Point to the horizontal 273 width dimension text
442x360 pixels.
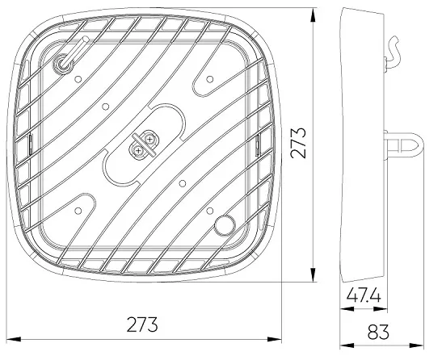[141, 325]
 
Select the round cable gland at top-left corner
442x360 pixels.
[63, 62]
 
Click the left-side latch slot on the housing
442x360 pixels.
[29, 145]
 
